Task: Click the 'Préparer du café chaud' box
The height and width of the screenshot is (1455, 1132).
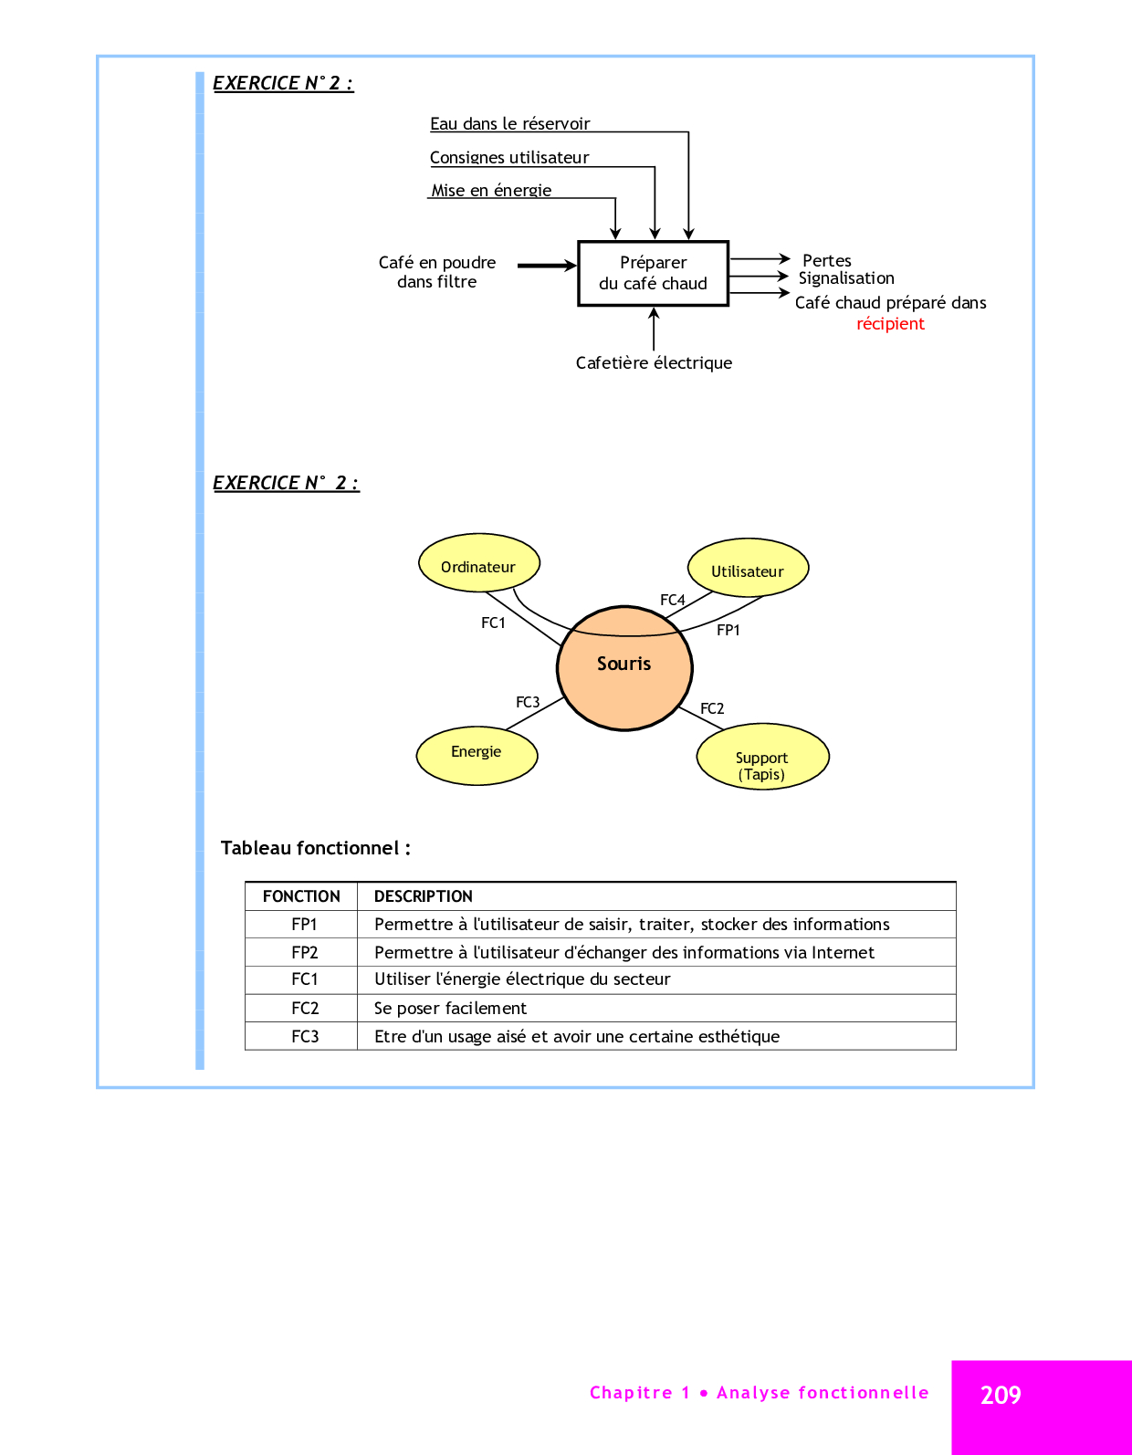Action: pyautogui.click(x=653, y=273)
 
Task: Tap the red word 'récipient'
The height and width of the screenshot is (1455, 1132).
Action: pyautogui.click(x=890, y=324)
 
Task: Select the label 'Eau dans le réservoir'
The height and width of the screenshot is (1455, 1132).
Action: pyautogui.click(x=509, y=123)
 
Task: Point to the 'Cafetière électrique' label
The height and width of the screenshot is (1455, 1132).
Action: pyautogui.click(x=654, y=362)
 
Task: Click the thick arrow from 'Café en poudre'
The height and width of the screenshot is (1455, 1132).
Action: pyautogui.click(x=546, y=266)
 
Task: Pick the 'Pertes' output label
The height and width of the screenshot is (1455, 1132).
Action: pyautogui.click(x=826, y=260)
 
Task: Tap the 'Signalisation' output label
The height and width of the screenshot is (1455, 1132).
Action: pyautogui.click(x=846, y=278)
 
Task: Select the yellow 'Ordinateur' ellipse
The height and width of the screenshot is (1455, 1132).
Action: pyautogui.click(x=478, y=563)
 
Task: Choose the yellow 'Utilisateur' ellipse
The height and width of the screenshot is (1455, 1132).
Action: pyautogui.click(x=748, y=568)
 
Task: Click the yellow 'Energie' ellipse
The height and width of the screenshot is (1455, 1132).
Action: pyautogui.click(x=477, y=755)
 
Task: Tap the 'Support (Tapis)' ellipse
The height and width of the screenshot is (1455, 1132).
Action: pyautogui.click(x=762, y=758)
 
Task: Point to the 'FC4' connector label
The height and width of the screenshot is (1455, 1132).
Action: pyautogui.click(x=672, y=600)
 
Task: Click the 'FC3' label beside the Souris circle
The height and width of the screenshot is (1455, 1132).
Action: pyautogui.click(x=528, y=702)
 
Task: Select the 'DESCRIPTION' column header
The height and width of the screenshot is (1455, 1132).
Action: pyautogui.click(x=424, y=896)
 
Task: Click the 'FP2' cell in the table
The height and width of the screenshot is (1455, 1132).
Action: pyautogui.click(x=304, y=952)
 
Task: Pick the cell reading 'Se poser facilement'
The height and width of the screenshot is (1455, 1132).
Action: pyautogui.click(x=450, y=1008)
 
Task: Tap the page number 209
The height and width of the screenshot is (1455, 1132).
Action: pyautogui.click(x=1001, y=1395)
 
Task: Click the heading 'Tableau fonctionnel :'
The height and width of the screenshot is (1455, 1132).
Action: pyautogui.click(x=315, y=848)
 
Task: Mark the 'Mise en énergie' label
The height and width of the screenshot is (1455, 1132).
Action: pyautogui.click(x=491, y=190)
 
